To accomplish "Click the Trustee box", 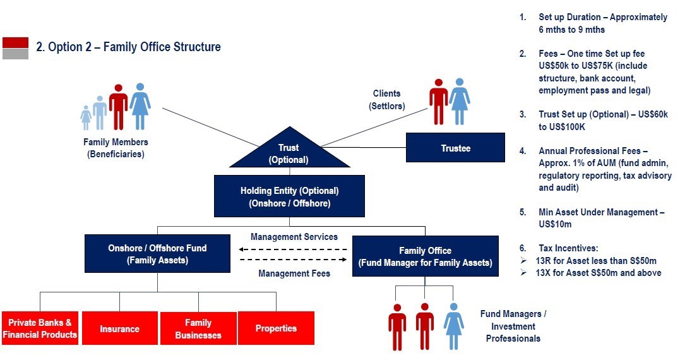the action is (455, 147).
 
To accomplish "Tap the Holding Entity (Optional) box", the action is (289, 196).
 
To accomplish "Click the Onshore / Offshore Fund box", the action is (157, 254).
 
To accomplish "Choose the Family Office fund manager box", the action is (426, 256).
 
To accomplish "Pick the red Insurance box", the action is (120, 328).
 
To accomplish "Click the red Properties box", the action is (277, 328).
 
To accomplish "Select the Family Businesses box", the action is (198, 328).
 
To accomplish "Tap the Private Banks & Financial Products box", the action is (40, 328).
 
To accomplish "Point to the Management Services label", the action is (294, 237).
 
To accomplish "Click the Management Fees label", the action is (294, 273).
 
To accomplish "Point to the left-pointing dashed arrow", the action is (293, 249).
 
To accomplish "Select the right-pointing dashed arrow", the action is (293, 260).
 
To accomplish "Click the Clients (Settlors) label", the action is (387, 100).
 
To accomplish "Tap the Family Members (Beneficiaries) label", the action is (116, 148).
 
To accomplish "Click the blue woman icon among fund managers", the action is (453, 326).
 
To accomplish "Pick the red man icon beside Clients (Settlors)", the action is (438, 102).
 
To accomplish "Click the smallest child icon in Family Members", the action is (86, 117).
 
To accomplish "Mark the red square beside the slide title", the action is (16, 42).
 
